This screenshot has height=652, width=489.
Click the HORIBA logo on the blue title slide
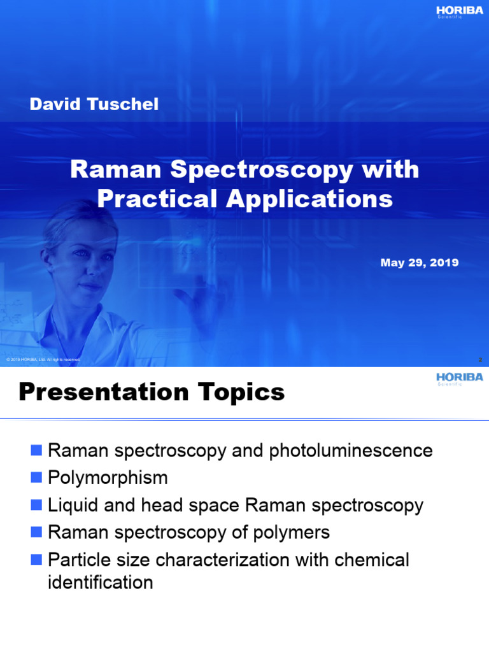pos(458,11)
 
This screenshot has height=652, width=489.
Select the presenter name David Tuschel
pos(94,104)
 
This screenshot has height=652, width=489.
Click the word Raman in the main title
pos(115,170)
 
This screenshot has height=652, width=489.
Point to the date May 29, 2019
pos(419,262)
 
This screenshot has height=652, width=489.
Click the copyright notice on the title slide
pos(43,360)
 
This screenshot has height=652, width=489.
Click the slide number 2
pos(480,360)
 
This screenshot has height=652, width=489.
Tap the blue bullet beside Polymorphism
pos(36,478)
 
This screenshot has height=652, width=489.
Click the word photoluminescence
pos(351,451)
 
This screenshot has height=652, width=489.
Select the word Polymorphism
pos(108,478)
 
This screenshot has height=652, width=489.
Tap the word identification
pos(101,582)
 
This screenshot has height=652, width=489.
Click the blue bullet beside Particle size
pos(36,560)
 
